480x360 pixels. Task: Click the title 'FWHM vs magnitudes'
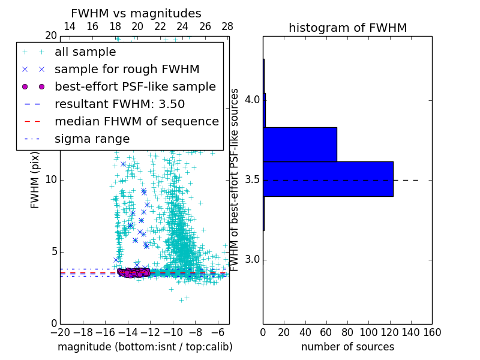click(x=136, y=13)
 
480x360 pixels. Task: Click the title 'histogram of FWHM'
click(x=347, y=28)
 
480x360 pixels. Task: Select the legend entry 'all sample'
click(x=85, y=52)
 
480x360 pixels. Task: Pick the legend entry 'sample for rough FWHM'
click(x=127, y=69)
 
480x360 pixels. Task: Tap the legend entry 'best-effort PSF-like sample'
click(x=135, y=86)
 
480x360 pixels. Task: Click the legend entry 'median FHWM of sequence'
click(x=136, y=121)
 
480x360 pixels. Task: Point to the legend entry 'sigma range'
click(x=92, y=139)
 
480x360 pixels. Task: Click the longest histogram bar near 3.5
click(x=328, y=179)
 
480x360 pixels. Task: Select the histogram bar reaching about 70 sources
click(x=301, y=144)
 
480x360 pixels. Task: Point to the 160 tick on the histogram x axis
click(x=432, y=332)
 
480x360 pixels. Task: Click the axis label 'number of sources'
click(x=347, y=347)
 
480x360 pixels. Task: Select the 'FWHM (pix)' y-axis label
click(x=35, y=180)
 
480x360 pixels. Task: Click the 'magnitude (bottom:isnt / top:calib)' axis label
click(x=145, y=347)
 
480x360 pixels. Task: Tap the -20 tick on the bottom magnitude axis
click(x=60, y=332)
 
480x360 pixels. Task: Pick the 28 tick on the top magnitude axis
click(x=227, y=26)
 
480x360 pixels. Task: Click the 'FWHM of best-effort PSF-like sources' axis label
click(x=235, y=180)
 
